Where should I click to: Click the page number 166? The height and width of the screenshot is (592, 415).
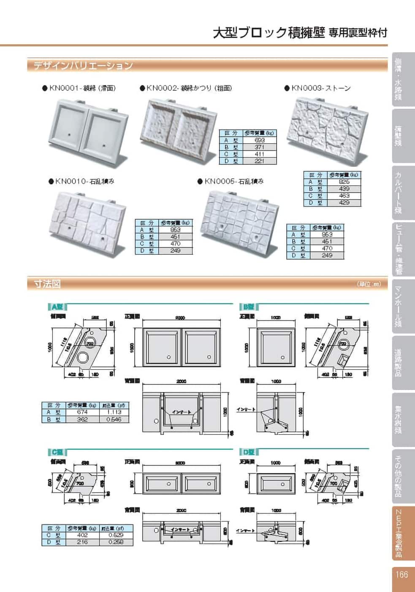tap(401, 574)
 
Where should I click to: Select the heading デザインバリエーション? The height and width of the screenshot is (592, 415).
tap(83, 66)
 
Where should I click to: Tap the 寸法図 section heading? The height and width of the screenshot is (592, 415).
tap(47, 284)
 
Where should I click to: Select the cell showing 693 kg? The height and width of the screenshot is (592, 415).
tap(260, 140)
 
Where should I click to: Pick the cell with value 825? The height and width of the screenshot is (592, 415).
tap(344, 182)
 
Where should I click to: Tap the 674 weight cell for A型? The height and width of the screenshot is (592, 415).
tap(82, 412)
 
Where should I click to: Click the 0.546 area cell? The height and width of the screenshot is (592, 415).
tap(114, 419)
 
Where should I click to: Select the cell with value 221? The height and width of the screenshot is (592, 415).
tap(260, 161)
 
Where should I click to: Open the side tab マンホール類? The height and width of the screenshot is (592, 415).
tap(398, 307)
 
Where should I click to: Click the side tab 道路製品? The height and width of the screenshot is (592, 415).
tap(398, 363)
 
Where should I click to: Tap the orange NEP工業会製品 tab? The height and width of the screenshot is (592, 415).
tap(398, 533)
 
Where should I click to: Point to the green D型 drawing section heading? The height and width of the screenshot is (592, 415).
tap(249, 452)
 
